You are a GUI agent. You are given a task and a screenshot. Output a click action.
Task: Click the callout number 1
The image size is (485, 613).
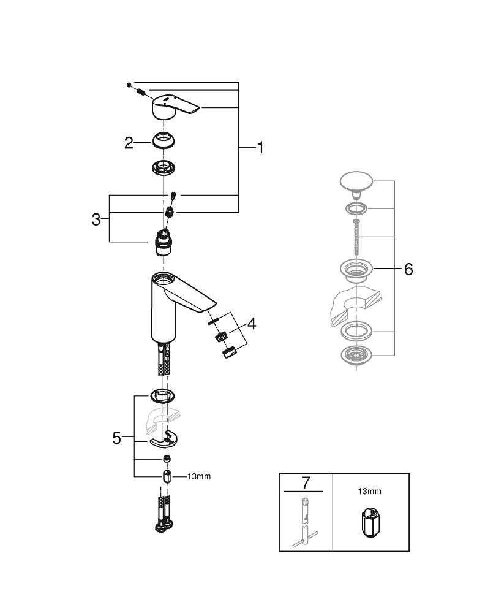(x=260, y=148)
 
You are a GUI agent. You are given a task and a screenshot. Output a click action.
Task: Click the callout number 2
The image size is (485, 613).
(x=129, y=143)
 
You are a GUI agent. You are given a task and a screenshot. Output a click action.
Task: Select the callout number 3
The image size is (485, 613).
(x=96, y=219)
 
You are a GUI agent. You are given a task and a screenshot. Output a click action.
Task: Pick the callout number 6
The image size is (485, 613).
(x=408, y=269)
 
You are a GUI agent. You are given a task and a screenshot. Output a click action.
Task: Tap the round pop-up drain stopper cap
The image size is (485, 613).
(x=356, y=182)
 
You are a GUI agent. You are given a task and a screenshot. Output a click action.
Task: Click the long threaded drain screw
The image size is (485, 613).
(x=355, y=238)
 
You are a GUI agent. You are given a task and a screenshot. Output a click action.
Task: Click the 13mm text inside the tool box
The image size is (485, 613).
(x=370, y=491)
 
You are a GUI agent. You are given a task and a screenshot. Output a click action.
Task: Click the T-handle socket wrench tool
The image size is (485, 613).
(x=304, y=521)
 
